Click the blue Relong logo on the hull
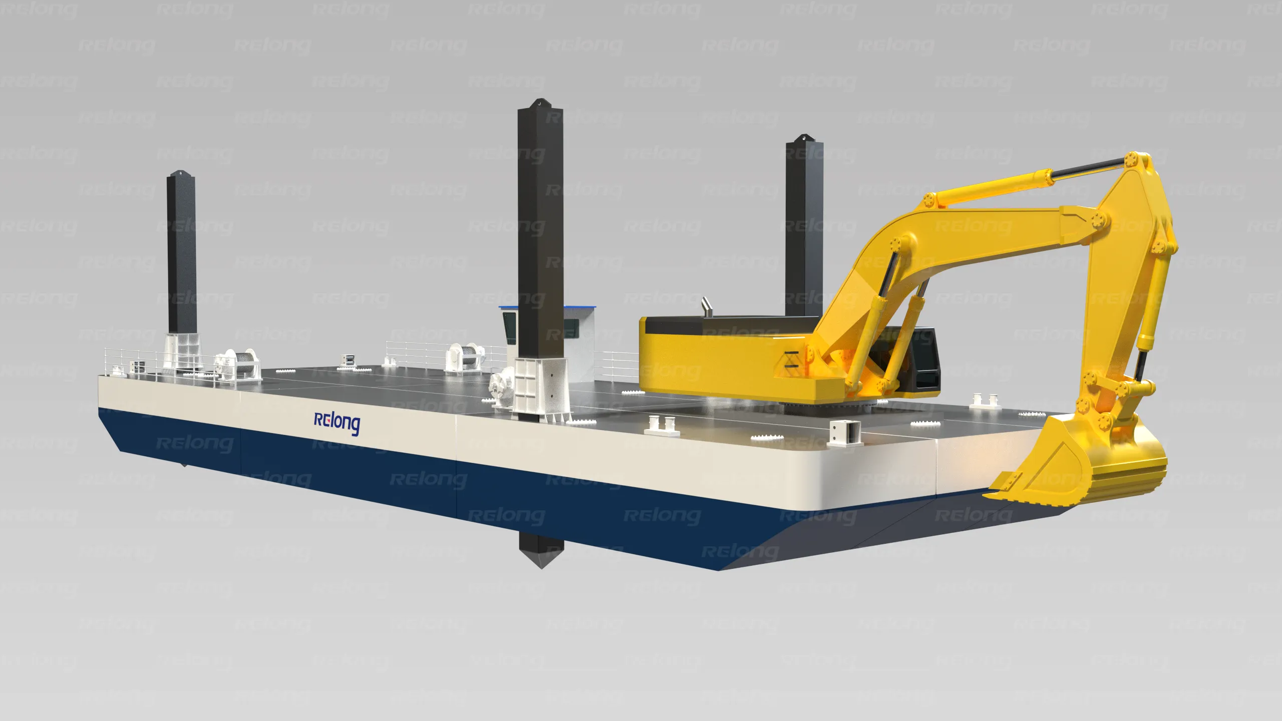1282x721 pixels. (x=337, y=423)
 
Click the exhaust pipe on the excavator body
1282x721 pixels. (x=705, y=306)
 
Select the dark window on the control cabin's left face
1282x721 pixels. (x=510, y=328)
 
